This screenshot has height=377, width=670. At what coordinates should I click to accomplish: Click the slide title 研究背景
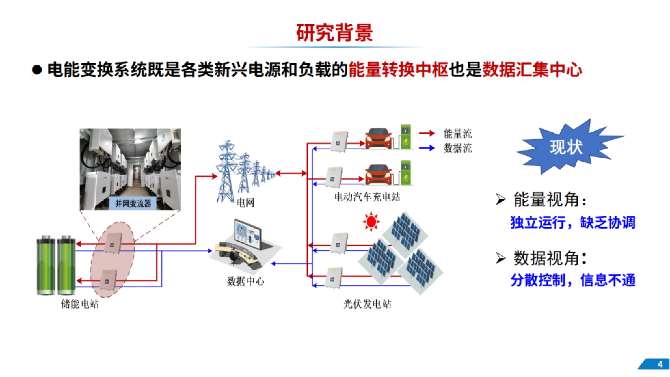[334, 33]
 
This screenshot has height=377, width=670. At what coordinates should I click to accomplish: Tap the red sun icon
[371, 222]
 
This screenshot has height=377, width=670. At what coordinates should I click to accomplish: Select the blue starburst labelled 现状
[566, 147]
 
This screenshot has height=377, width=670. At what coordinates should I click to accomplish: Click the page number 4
[660, 364]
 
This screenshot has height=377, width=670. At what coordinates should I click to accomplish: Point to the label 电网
[246, 203]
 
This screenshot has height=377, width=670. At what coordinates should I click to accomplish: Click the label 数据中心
[246, 281]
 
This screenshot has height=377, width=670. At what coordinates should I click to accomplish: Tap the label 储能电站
[80, 304]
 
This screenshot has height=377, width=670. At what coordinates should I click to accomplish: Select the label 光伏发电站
[367, 304]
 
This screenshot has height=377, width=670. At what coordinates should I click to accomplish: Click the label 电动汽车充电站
[367, 197]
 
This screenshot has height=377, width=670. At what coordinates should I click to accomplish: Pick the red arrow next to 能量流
[427, 133]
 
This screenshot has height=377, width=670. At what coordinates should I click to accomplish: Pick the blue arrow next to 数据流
[427, 148]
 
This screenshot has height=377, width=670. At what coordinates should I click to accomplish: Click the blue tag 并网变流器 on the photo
[133, 203]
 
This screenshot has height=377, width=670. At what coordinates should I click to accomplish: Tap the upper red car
[379, 139]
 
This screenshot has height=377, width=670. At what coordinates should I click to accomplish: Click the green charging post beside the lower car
[406, 173]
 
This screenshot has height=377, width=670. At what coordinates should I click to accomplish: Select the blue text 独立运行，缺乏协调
[572, 222]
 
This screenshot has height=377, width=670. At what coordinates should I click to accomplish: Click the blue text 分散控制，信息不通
[572, 280]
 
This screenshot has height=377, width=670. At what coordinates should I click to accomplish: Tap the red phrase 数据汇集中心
[532, 70]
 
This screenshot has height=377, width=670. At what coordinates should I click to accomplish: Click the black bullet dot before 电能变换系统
[37, 70]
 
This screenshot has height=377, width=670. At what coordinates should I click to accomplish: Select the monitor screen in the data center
[248, 233]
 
